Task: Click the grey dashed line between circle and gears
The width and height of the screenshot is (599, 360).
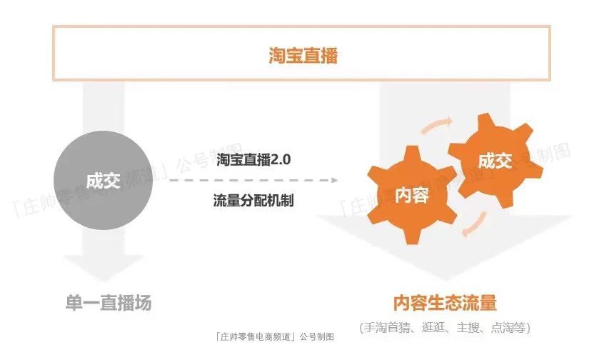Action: tap(250, 180)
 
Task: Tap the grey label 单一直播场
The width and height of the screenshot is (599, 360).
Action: tap(104, 303)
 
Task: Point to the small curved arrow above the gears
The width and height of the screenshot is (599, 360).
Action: tap(437, 126)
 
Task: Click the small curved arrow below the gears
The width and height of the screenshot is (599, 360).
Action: tap(465, 228)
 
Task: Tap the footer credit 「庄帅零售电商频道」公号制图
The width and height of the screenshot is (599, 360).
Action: tap(274, 336)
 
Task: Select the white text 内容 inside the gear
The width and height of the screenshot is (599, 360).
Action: tap(411, 194)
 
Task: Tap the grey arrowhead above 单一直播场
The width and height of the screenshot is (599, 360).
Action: tap(104, 271)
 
